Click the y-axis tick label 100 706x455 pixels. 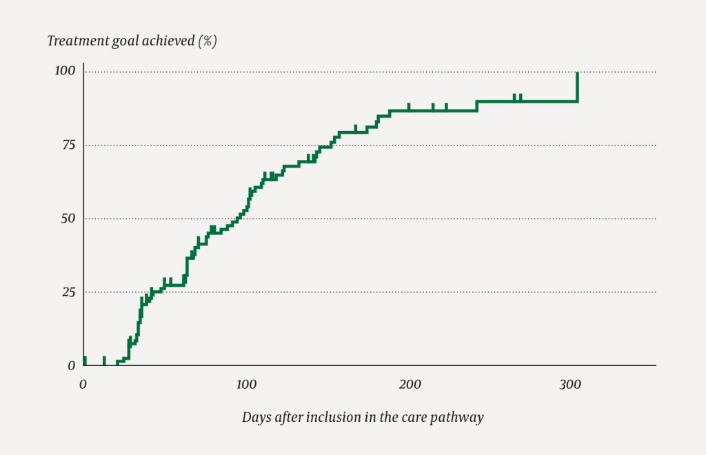tap(66, 71)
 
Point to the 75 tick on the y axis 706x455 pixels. tap(68, 145)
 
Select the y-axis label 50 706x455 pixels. tap(68, 219)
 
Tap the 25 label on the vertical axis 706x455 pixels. tap(68, 292)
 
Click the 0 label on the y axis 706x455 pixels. tap(71, 365)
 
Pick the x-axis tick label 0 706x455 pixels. tap(83, 384)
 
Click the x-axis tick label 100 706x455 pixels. tap(246, 384)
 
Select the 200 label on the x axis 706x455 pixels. tap(410, 384)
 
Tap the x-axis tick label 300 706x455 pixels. tap(571, 384)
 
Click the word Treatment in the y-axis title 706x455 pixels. tap(73, 41)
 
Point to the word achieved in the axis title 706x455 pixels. tap(169, 41)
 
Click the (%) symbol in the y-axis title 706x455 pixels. tap(208, 41)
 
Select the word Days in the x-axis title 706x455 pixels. tap(254, 417)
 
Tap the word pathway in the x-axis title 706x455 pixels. tap(459, 417)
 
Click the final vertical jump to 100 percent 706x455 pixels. tap(577, 87)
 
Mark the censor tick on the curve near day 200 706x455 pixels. tap(409, 107)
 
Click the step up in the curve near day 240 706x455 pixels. tap(476, 105)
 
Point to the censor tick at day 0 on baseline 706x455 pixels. tap(84, 361)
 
